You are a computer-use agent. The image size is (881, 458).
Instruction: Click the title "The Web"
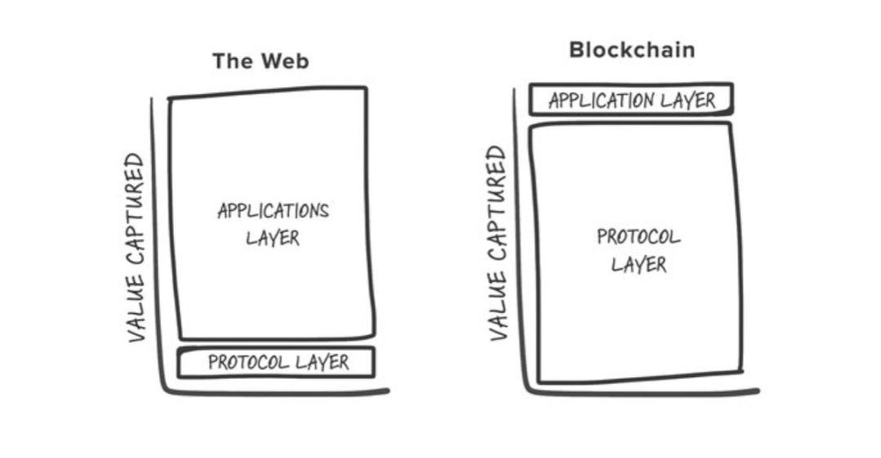click(x=261, y=60)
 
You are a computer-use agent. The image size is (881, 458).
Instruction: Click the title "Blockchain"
click(x=632, y=50)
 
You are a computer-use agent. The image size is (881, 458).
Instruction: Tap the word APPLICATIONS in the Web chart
click(x=273, y=211)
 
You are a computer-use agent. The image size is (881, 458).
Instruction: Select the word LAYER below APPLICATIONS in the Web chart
click(x=273, y=238)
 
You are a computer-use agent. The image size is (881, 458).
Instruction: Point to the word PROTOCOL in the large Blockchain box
click(x=639, y=236)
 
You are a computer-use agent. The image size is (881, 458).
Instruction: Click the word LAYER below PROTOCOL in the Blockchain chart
click(x=639, y=265)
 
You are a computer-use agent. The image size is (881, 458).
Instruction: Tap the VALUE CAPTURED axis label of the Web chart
click(x=136, y=247)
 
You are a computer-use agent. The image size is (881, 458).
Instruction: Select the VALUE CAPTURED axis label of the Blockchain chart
click(x=498, y=243)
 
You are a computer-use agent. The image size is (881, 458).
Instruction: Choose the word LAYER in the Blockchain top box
click(x=688, y=100)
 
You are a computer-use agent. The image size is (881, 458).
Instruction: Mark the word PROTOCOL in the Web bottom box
click(x=249, y=362)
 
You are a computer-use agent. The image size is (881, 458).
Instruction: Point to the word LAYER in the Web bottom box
click(x=322, y=362)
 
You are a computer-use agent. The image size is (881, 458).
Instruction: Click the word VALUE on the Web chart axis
click(x=136, y=309)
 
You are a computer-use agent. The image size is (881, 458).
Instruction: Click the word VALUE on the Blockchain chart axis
click(x=498, y=306)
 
